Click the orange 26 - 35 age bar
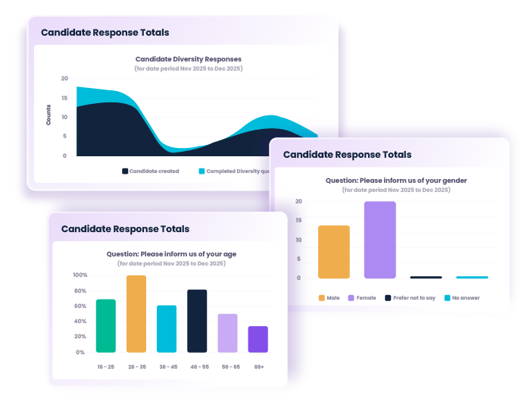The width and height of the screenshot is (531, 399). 136,314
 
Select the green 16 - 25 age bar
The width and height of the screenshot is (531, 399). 106,326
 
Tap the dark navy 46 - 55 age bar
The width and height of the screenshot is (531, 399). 197,321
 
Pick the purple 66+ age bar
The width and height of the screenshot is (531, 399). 258,339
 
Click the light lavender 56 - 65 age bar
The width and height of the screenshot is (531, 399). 227,333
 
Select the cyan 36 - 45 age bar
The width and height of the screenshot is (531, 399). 167,328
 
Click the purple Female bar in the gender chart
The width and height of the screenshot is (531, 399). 380,240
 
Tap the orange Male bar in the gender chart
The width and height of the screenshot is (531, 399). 334,252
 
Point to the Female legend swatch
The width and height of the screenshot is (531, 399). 351,298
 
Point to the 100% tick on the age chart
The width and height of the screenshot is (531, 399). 80,275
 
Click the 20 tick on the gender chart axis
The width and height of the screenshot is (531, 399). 298,202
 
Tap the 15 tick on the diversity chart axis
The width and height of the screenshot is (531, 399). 64,98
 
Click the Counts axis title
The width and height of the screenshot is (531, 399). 48,118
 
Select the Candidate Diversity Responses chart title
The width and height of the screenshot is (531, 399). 189,58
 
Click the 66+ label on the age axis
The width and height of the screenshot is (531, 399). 258,366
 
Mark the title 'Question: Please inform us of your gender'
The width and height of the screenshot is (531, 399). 395,181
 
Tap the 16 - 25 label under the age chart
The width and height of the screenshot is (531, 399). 106,366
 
